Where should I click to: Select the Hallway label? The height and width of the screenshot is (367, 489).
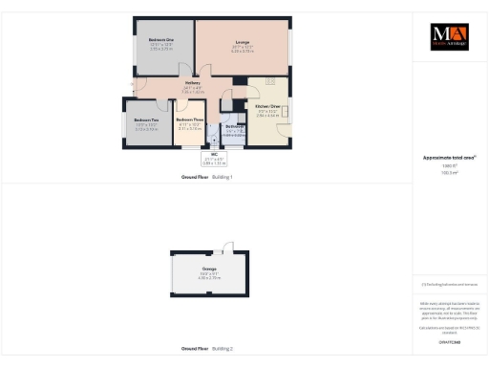(191, 86)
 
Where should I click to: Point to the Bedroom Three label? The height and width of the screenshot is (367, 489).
(190, 119)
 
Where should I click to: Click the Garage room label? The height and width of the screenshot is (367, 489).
(209, 269)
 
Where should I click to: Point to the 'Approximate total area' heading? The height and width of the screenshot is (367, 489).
(449, 157)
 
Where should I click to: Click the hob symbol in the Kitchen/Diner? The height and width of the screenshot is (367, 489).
(271, 82)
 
